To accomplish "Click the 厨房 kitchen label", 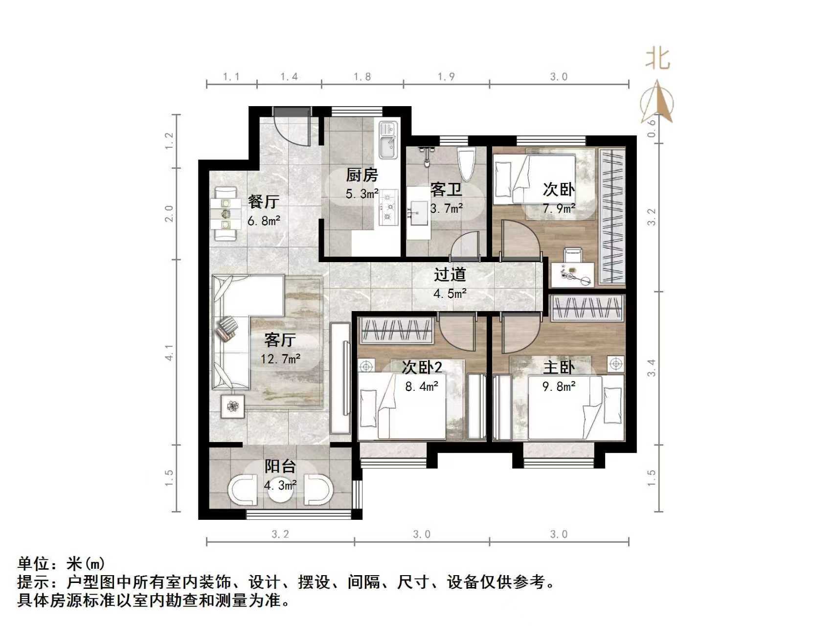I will click(362, 175).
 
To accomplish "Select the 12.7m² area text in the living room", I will click(280, 359).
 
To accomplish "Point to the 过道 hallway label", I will click(450, 275).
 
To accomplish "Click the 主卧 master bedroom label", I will click(558, 367).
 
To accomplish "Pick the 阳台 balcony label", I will click(280, 466).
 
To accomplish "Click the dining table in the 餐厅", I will click(226, 214).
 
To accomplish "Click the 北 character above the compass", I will click(657, 58).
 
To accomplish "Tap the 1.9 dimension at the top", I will click(446, 77).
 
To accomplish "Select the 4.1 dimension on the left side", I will click(169, 353).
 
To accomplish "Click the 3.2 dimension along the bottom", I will click(280, 534).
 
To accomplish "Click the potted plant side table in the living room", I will click(233, 405).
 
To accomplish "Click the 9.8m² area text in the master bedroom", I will click(559, 386).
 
